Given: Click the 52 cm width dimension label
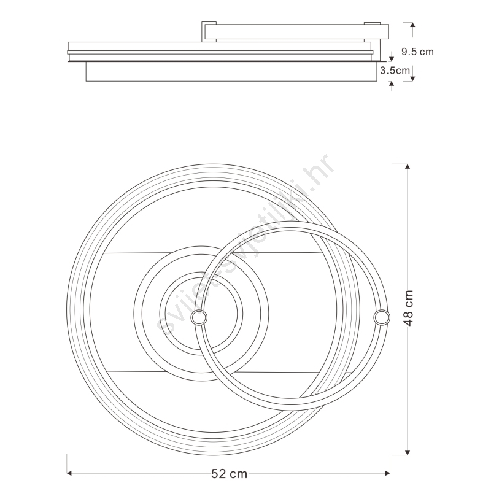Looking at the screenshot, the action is (x=229, y=474).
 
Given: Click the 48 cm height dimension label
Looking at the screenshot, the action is (x=409, y=308).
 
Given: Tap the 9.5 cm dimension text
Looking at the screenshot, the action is (x=417, y=52).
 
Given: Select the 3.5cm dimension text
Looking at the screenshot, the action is (x=395, y=71).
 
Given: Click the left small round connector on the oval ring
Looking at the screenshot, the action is (x=199, y=318).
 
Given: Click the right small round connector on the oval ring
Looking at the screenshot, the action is (x=382, y=317).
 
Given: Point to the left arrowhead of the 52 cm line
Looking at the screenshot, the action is (x=69, y=473).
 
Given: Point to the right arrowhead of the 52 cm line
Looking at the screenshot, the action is (x=387, y=473).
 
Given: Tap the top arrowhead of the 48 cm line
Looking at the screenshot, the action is (x=407, y=166).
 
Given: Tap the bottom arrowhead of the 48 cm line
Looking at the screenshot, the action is (x=407, y=452).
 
